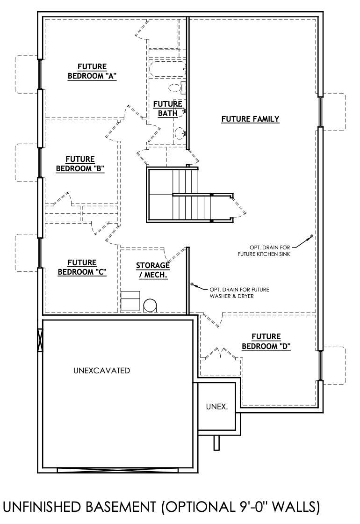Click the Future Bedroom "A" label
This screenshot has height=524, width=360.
[92, 71]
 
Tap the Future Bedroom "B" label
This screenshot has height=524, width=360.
[80, 164]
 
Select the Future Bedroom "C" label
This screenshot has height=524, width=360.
[82, 267]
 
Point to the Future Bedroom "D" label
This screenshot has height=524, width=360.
[266, 341]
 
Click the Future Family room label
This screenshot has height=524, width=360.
[250, 119]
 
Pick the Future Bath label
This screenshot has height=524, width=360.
[167, 109]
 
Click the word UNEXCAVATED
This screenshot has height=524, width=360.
[101, 371]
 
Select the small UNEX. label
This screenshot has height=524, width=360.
[217, 407]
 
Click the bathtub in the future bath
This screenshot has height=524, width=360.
[167, 71]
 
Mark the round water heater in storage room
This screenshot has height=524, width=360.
[151, 305]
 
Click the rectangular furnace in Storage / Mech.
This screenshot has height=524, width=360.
[130, 299]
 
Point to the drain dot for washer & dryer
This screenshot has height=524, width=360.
[192, 284]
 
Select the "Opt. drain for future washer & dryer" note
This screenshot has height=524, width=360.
[236, 292]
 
